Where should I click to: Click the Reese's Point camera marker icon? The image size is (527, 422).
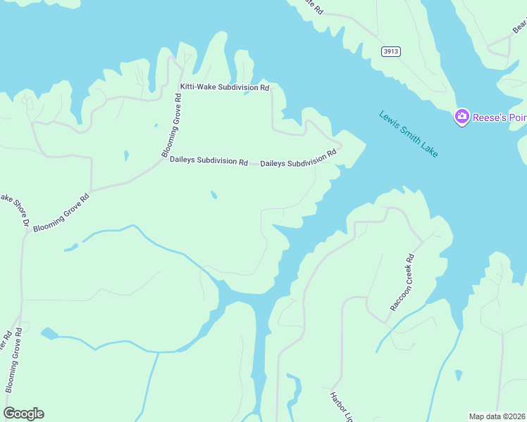(462, 116)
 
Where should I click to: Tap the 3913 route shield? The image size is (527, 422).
(392, 51)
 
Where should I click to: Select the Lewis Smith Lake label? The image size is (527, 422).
(408, 134)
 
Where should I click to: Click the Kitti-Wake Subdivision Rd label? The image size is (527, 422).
(225, 88)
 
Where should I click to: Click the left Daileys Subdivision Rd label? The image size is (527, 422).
(209, 161)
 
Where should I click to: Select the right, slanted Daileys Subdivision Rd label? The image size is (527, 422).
(299, 158)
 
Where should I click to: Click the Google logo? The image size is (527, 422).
(23, 414)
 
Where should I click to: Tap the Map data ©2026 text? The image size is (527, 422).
(497, 416)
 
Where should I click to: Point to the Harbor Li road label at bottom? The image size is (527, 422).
(340, 407)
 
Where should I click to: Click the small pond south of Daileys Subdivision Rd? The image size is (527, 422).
(213, 195)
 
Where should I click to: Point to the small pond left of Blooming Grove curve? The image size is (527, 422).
(126, 155)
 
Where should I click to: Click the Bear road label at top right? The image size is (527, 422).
(519, 27)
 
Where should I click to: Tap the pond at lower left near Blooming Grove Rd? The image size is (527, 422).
(49, 332)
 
